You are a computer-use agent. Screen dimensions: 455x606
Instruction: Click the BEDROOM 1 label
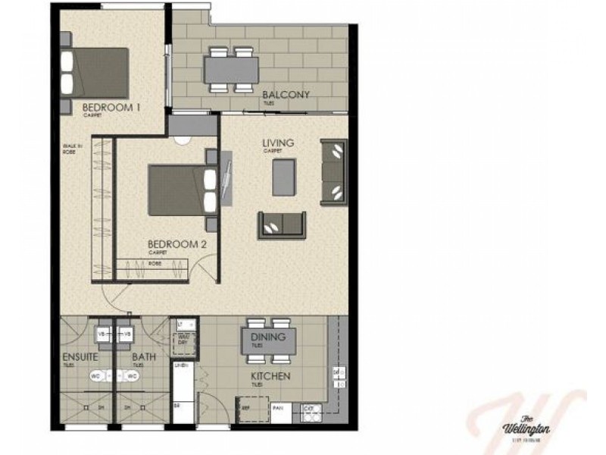[x=112, y=108]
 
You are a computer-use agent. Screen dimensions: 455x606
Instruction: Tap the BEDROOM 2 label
[x=177, y=244]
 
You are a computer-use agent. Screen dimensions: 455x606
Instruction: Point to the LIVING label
[x=278, y=143]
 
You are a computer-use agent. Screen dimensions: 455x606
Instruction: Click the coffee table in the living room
[x=284, y=177]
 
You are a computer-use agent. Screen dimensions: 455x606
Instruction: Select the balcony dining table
[x=232, y=71]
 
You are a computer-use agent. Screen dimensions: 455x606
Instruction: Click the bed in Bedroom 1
[x=95, y=71]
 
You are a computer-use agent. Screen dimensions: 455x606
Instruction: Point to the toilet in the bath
[x=132, y=375]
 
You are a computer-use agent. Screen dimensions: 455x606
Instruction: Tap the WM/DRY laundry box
[x=183, y=340]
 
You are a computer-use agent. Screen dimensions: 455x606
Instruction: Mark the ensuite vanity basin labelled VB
[x=102, y=334]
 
